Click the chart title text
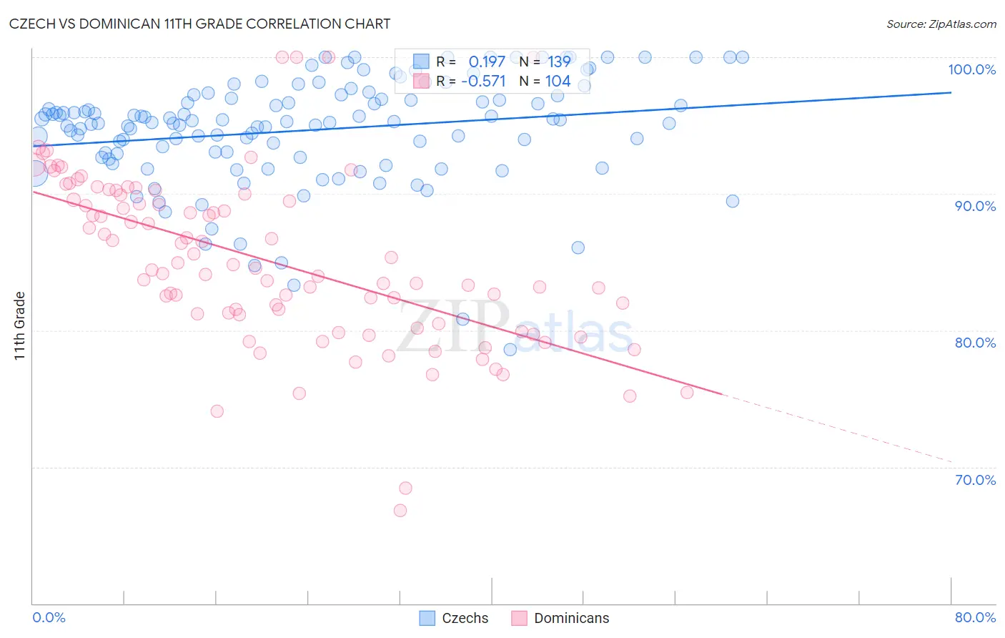(x=200, y=24)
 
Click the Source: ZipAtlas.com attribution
(x=941, y=24)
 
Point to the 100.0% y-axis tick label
(x=971, y=69)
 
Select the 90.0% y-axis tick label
(x=974, y=206)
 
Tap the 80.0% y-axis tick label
(x=974, y=343)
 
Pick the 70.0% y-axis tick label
(x=974, y=480)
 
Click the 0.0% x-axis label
(x=49, y=617)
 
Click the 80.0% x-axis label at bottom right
(x=974, y=617)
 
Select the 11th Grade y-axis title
(x=20, y=325)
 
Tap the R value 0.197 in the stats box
(x=487, y=62)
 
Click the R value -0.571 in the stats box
(x=483, y=82)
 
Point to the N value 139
(x=559, y=62)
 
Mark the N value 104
(x=558, y=82)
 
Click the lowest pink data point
(x=400, y=511)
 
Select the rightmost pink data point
(x=687, y=392)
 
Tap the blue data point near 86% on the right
(x=578, y=247)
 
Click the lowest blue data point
(x=510, y=349)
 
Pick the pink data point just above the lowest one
(x=405, y=489)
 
